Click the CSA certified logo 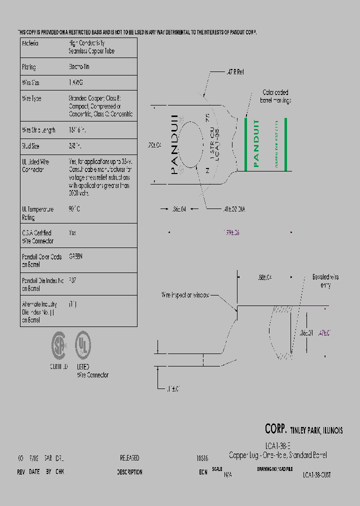(x=59, y=345)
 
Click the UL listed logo (x=82, y=345)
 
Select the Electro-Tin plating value (x=79, y=66)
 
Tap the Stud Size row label (x=31, y=146)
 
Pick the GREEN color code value (x=75, y=256)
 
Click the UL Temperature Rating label (x=37, y=213)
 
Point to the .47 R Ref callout (x=233, y=72)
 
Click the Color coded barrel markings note (x=275, y=96)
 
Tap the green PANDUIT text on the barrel (x=256, y=143)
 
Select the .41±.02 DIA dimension (x=233, y=210)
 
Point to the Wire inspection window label (x=185, y=295)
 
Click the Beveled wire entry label (x=325, y=281)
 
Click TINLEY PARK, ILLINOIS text (x=316, y=430)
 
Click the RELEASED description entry (x=129, y=458)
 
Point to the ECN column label (x=202, y=472)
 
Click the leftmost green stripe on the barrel (x=246, y=144)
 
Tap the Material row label (x=30, y=43)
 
